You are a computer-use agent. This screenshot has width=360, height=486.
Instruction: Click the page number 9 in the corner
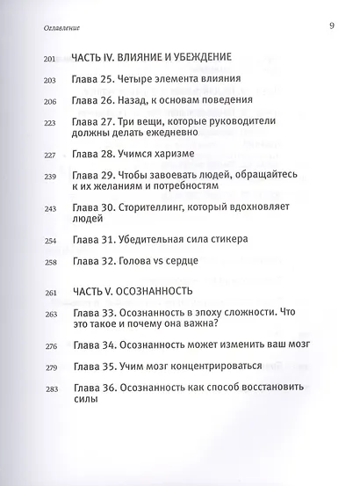tap(331, 25)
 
